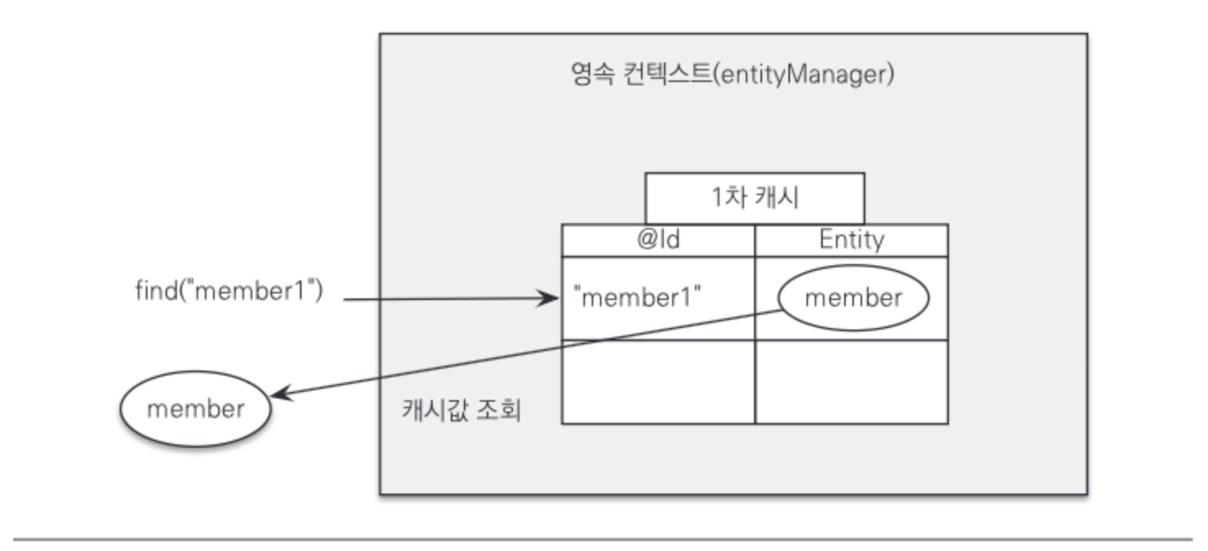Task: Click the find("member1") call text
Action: [x=229, y=290]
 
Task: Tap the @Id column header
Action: [x=658, y=240]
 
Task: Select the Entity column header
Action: [x=852, y=240]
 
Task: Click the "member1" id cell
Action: [x=658, y=298]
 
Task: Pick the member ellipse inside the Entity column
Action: [x=853, y=298]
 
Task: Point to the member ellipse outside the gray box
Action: [x=195, y=408]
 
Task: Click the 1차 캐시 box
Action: [x=755, y=198]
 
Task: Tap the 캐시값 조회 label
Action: [x=461, y=410]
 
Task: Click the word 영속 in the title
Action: [x=593, y=74]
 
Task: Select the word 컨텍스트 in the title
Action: [x=668, y=74]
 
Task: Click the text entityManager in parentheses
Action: [x=802, y=75]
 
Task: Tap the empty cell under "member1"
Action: [x=658, y=382]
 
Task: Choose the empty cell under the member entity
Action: [x=852, y=382]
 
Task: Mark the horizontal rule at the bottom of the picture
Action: [x=603, y=540]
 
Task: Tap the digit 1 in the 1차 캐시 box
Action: [x=717, y=198]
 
